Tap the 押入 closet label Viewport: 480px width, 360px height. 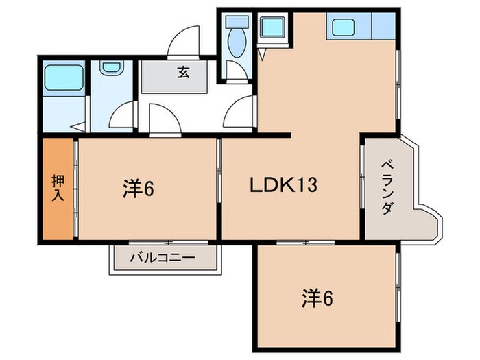58,188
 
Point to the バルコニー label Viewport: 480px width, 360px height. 163,259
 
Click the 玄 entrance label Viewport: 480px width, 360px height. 184,73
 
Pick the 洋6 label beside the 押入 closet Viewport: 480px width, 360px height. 138,187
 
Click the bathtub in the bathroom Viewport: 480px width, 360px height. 63,80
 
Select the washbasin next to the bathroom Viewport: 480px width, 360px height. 110,69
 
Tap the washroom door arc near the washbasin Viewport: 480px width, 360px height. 123,115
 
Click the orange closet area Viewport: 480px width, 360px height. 58,189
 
